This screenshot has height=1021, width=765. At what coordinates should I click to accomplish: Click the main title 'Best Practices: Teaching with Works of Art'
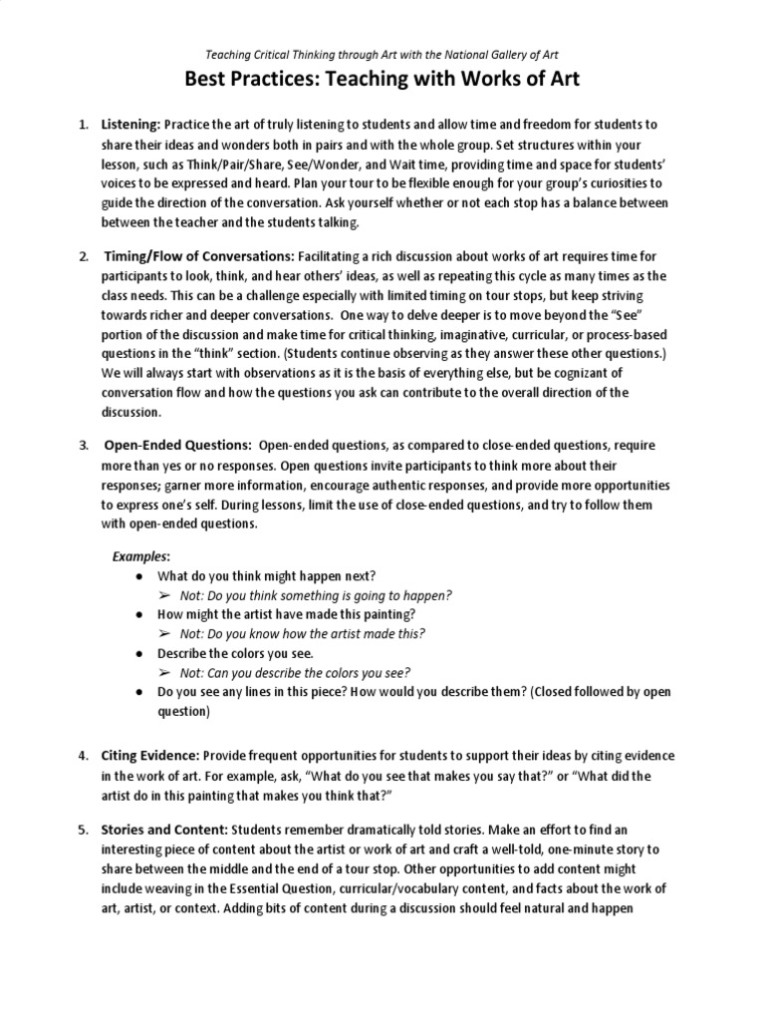click(382, 80)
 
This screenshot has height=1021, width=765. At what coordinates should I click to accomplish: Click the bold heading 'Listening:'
click(130, 125)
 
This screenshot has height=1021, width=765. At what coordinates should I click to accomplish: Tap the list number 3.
click(84, 445)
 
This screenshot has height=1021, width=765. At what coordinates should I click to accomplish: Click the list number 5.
click(84, 830)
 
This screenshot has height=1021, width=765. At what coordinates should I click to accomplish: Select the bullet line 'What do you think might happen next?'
click(267, 576)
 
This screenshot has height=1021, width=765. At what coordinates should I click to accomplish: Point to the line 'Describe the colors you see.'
click(235, 653)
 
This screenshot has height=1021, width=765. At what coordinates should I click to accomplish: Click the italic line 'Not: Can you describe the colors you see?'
click(295, 673)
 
